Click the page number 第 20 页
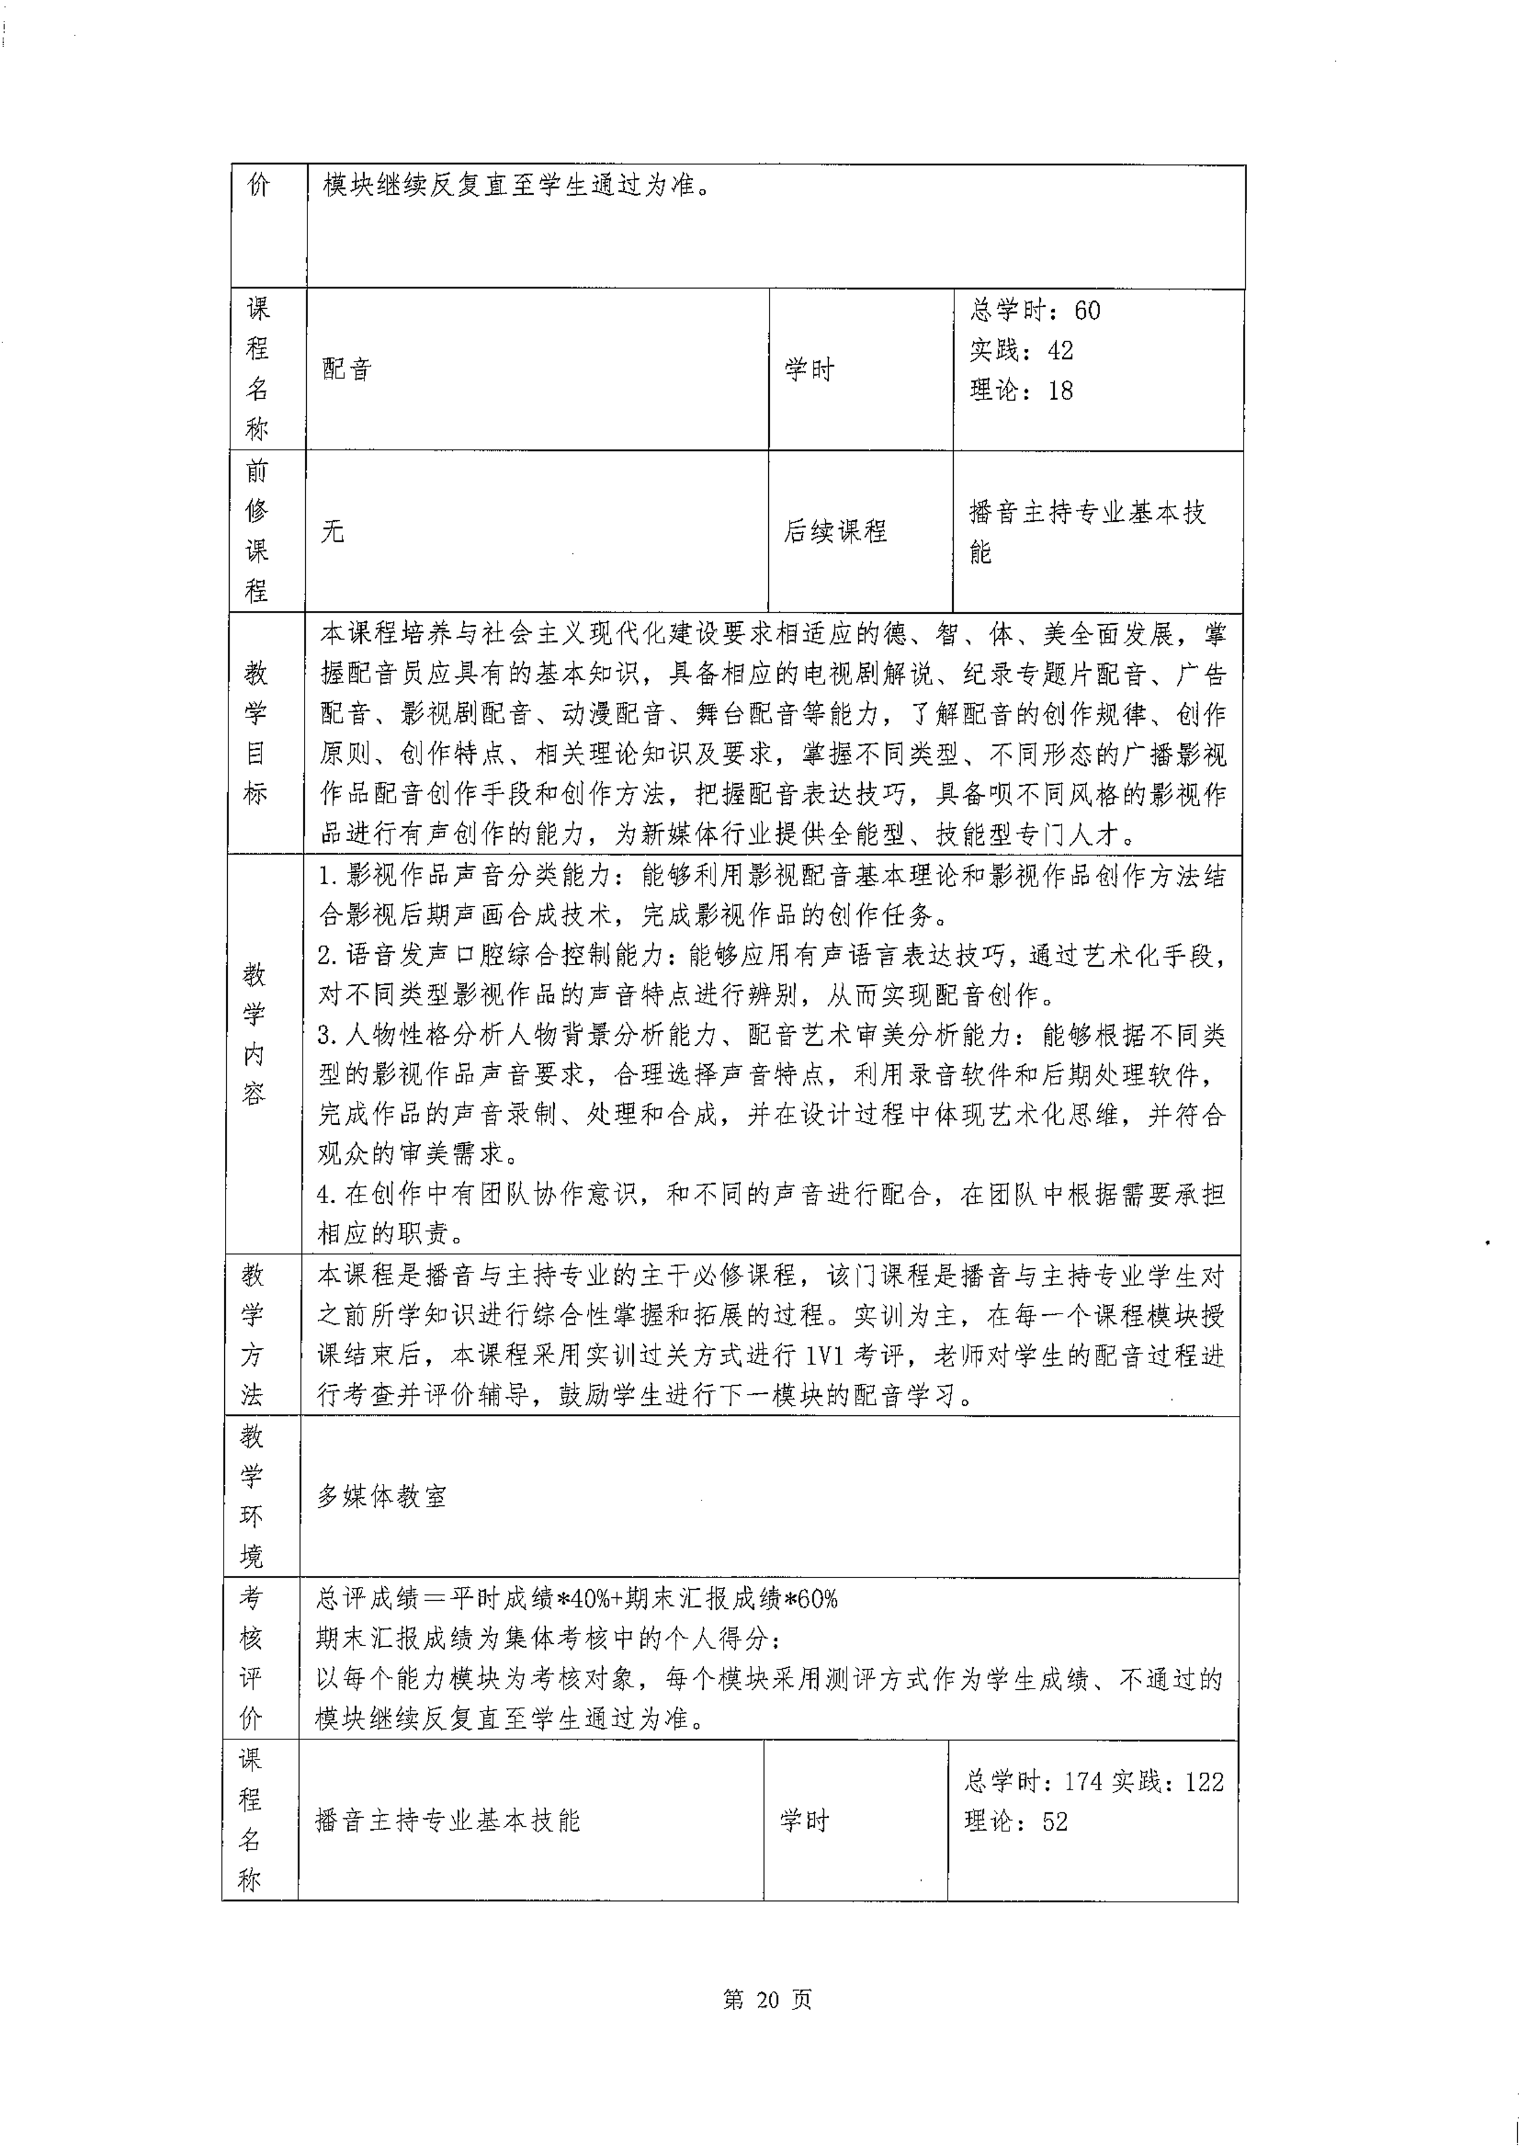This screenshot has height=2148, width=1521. pos(767,1999)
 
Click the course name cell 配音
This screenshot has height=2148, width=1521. pos(347,369)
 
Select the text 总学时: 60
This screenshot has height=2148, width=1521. pos(1035,310)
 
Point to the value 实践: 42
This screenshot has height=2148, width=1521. pos(1021,350)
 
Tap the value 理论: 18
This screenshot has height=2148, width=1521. pos(1021,391)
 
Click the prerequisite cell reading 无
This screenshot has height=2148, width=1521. pos(333,532)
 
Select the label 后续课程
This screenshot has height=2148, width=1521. pos(834,532)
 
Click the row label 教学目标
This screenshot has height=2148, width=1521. pos(255,733)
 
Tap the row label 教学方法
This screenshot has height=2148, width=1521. pos(252,1335)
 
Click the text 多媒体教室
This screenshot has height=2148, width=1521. pos(381,1496)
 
